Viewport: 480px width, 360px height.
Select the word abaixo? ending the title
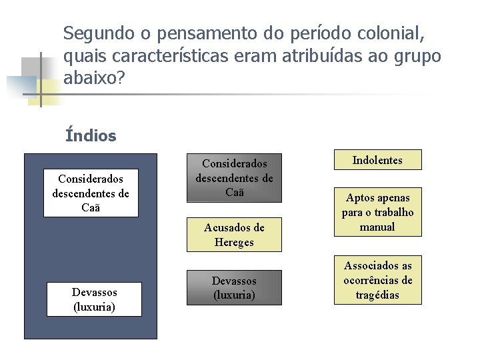[94, 79]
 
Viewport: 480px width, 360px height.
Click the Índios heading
[91, 136]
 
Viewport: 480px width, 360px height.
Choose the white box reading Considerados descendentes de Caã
[91, 193]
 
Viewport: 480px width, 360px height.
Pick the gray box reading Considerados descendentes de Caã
[234, 178]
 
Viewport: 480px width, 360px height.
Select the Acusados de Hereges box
[234, 235]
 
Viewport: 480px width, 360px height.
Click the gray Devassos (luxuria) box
[234, 287]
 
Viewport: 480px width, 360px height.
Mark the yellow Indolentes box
[377, 160]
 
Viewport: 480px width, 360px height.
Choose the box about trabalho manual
[377, 212]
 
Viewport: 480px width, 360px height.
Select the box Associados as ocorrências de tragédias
[377, 280]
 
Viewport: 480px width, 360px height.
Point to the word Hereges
[234, 243]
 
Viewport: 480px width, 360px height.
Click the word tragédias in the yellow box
[377, 295]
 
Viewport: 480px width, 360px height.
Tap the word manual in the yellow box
[377, 227]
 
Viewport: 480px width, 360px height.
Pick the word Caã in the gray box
[234, 193]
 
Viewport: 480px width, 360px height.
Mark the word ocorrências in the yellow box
[377, 280]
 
